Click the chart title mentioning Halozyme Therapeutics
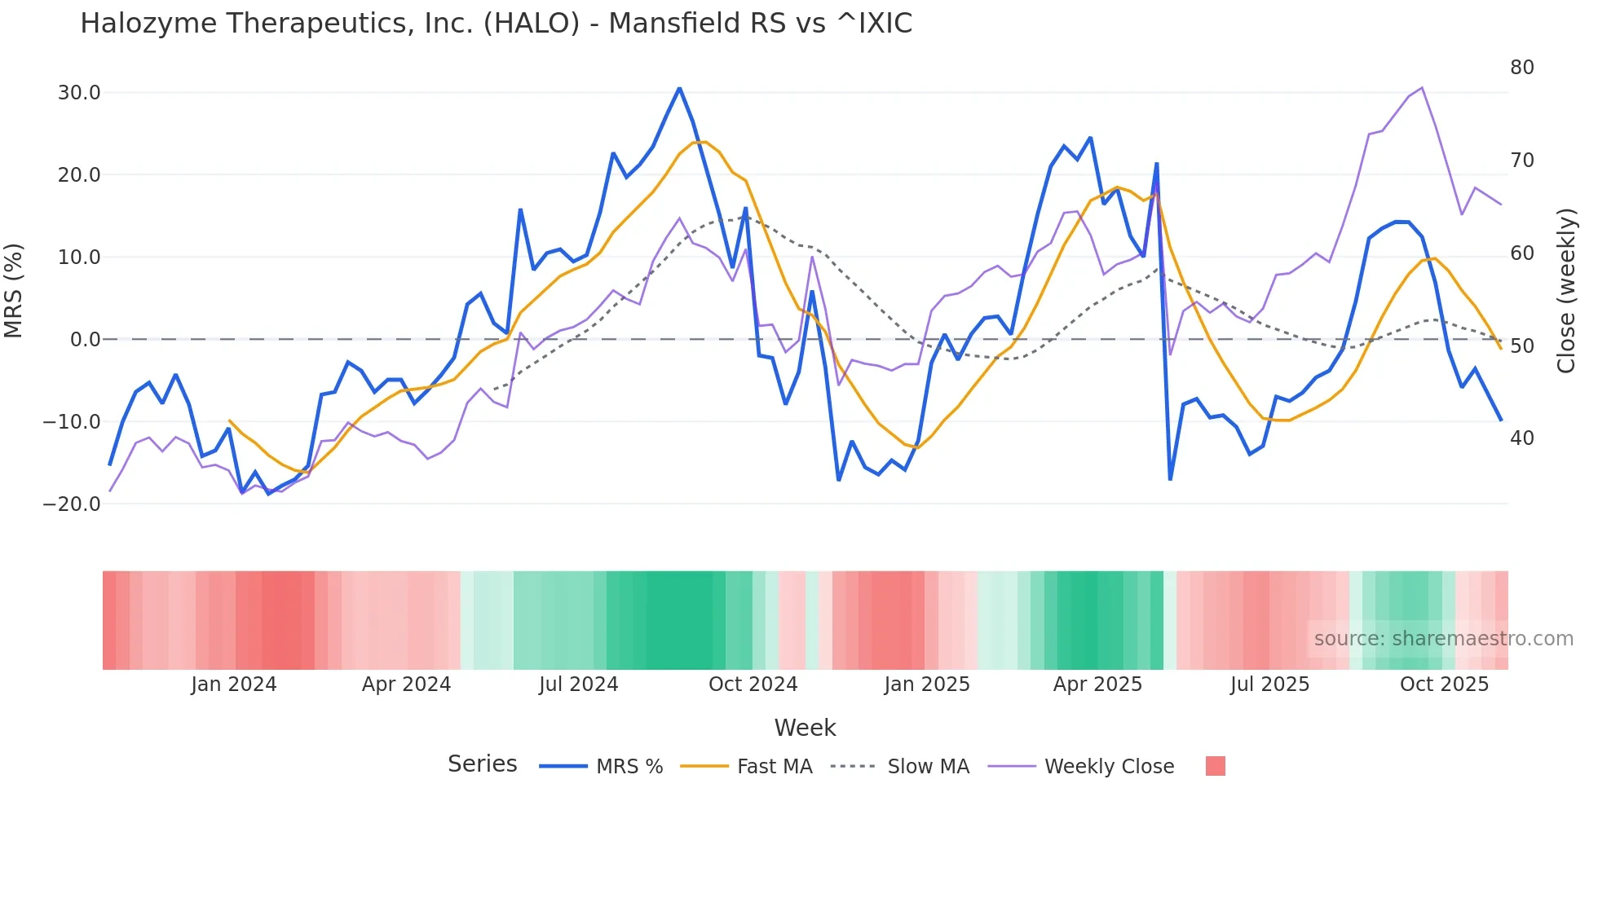click(496, 24)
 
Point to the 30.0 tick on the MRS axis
click(79, 93)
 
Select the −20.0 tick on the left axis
click(72, 504)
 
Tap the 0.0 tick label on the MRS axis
click(85, 340)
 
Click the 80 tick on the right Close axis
click(1521, 68)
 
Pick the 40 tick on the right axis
click(1521, 438)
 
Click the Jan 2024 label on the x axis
click(234, 685)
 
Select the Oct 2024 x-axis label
click(753, 685)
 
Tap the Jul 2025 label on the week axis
click(1269, 685)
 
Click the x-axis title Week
click(805, 728)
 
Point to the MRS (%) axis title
click(14, 291)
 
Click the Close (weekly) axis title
click(1565, 291)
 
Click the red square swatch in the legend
click(1215, 766)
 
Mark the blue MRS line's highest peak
click(679, 88)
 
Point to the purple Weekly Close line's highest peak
click(1422, 87)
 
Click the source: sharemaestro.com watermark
click(1443, 639)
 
